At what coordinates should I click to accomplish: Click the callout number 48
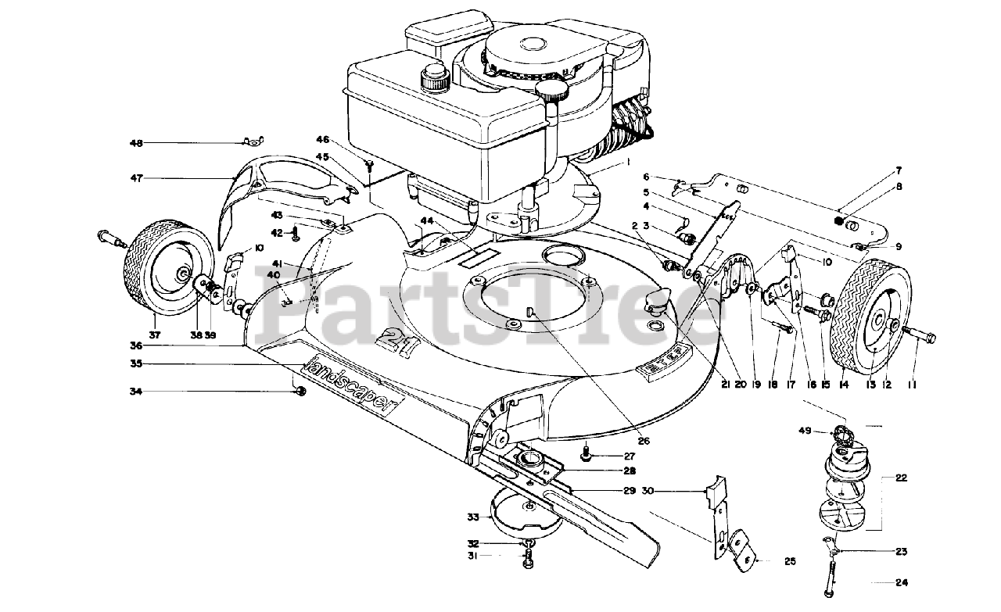pyautogui.click(x=137, y=143)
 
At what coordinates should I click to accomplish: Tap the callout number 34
pyautogui.click(x=137, y=391)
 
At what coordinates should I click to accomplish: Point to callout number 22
pyautogui.click(x=901, y=478)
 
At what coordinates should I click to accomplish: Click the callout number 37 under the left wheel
pyautogui.click(x=154, y=335)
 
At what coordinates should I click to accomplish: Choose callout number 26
pyautogui.click(x=643, y=441)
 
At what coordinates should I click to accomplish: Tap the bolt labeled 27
pyautogui.click(x=587, y=453)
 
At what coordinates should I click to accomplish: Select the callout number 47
pyautogui.click(x=137, y=179)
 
